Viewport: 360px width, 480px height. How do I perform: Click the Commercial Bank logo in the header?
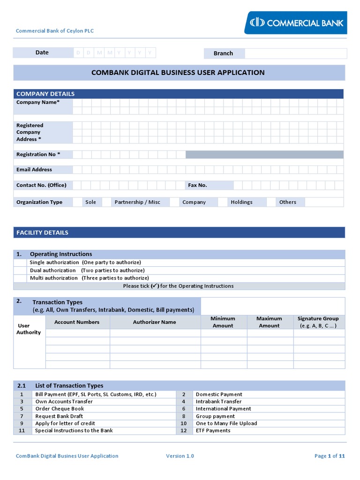tap(296, 22)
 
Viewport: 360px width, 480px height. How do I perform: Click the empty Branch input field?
tap(295, 53)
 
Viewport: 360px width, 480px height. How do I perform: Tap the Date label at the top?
tap(42, 52)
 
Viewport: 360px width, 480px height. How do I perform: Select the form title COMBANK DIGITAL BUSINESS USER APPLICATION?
tap(178, 73)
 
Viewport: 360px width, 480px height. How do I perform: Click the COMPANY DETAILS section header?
tap(45, 94)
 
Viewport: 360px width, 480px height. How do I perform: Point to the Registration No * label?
tap(38, 154)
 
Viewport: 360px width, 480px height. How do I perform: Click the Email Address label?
tap(34, 170)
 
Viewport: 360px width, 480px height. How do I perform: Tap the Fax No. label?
tap(197, 185)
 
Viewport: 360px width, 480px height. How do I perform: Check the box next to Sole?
tap(77, 202)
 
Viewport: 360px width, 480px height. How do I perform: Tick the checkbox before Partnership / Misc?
tap(106, 202)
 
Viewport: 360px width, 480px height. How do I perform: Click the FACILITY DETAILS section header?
tap(42, 232)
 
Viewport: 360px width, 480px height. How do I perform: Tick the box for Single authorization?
tap(20, 262)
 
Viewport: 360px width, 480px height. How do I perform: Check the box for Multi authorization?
tap(20, 278)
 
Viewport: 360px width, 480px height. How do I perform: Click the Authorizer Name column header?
tap(155, 322)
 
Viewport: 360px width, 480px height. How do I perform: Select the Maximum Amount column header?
tap(270, 322)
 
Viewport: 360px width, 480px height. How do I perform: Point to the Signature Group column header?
tap(318, 322)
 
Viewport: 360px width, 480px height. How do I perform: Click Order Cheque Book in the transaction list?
tap(60, 409)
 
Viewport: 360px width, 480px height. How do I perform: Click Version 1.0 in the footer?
tap(180, 456)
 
